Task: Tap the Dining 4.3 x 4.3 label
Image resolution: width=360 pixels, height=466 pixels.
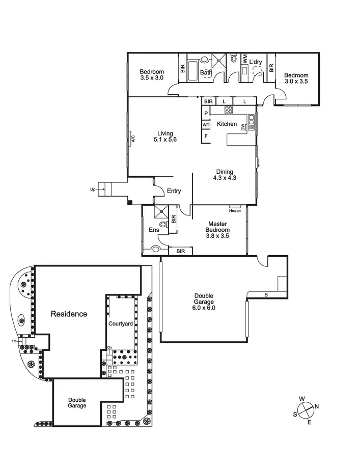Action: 224,175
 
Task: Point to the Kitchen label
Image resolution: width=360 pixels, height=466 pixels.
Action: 227,124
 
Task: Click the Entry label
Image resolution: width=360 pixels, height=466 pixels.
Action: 174,191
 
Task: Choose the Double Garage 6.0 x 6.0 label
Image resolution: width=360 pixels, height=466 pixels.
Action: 203,301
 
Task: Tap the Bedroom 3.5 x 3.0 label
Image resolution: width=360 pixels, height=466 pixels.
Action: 152,74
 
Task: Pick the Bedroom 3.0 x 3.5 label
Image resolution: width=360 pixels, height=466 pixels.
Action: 296,78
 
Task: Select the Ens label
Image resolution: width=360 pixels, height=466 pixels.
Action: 153,230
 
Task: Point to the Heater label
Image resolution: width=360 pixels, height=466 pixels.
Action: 235,210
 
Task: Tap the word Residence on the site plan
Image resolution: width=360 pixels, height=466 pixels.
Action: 69,314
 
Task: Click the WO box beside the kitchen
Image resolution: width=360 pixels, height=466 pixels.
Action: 206,125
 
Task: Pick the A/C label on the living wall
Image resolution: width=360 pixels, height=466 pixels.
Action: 132,138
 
